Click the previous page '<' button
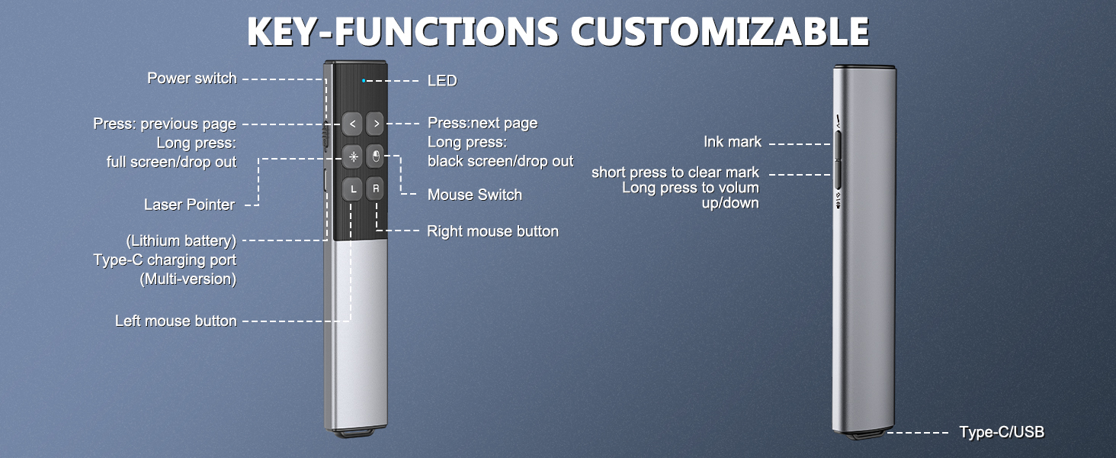[x=351, y=123]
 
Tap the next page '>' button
[x=376, y=123]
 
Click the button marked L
[x=351, y=189]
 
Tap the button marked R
[x=376, y=189]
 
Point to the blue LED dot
[x=364, y=79]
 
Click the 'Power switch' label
[x=191, y=79]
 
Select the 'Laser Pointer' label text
[x=189, y=205]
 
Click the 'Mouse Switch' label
[x=474, y=195]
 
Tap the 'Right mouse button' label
[x=492, y=231]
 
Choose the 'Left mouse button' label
[x=175, y=321]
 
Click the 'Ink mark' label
[x=732, y=142]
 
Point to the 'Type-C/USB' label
[x=1001, y=433]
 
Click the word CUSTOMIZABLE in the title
[x=720, y=33]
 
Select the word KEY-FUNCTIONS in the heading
[x=403, y=33]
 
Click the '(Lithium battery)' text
[x=181, y=241]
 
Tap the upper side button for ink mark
[x=837, y=144]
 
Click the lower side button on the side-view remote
[x=837, y=175]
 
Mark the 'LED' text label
[x=442, y=80]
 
